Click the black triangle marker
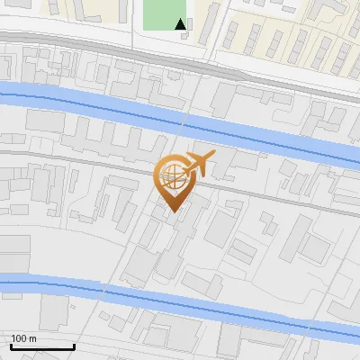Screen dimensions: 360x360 [x=182, y=25]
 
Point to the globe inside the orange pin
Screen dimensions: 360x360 [x=170, y=175]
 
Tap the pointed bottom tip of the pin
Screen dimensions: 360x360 [x=172, y=211]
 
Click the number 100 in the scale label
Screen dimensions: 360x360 [x=19, y=338]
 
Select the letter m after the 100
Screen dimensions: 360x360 [x=32, y=338]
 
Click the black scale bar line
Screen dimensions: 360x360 [x=40, y=347]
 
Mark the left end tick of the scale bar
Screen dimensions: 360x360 [x=10, y=346]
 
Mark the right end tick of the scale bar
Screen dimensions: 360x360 [x=73, y=346]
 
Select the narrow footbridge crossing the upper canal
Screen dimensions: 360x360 [x=185, y=121]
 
